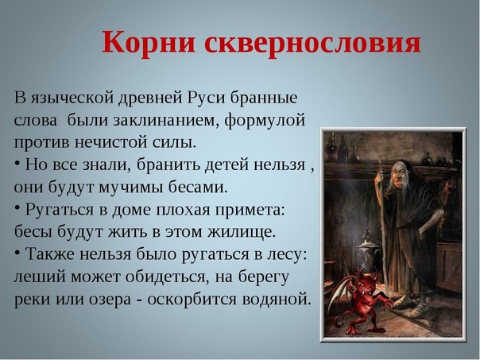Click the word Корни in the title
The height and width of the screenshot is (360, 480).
tap(149, 42)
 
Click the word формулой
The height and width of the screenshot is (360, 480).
tap(265, 121)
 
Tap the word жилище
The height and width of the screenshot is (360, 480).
tap(242, 232)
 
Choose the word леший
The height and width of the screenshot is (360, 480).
tap(40, 277)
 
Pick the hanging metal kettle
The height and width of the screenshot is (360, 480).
tap(367, 254)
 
